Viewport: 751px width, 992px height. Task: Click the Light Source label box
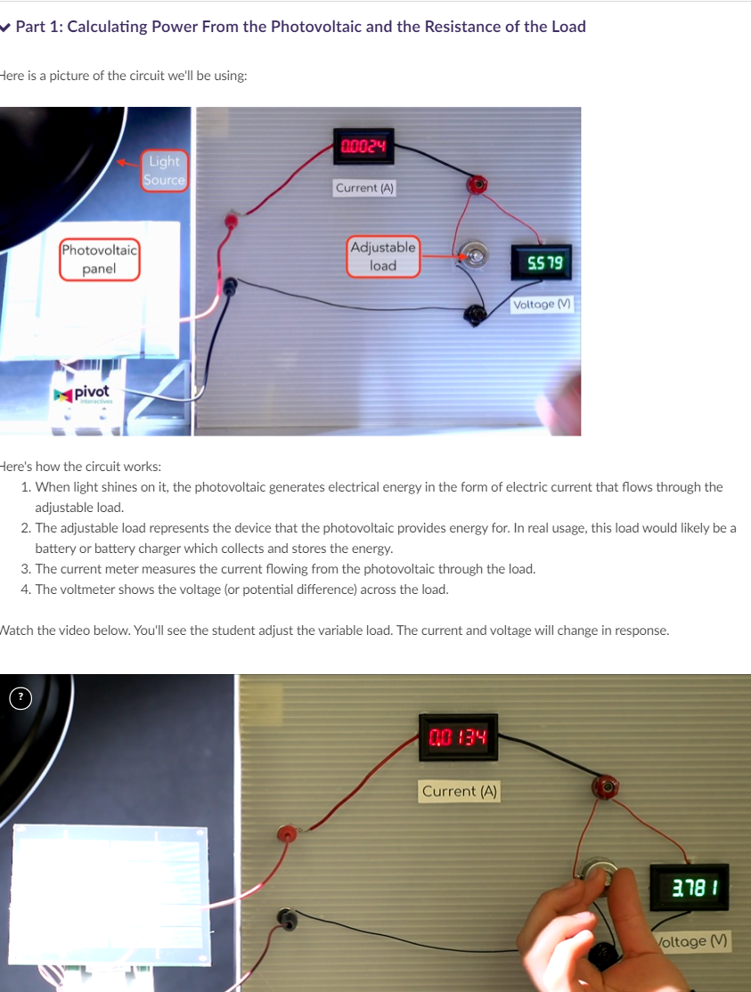[164, 170]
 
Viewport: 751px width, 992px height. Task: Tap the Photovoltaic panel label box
[99, 259]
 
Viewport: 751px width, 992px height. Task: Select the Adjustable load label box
[383, 256]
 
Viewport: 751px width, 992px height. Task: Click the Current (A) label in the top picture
[364, 188]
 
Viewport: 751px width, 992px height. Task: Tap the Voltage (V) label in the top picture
[542, 305]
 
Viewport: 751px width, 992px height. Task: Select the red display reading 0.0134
[459, 737]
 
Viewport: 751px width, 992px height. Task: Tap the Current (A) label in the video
[460, 791]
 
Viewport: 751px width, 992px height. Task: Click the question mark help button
[19, 697]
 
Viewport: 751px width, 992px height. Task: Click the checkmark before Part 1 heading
[5, 27]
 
